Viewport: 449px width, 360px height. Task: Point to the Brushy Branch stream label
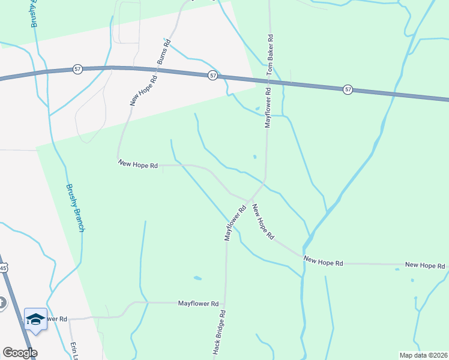click(75, 208)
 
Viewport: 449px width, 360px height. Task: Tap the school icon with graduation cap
click(35, 318)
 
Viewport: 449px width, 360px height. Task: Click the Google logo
click(20, 353)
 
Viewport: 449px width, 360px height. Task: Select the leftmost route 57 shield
click(77, 70)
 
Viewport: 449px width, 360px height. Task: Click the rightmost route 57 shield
click(348, 89)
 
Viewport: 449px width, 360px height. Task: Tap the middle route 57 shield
click(213, 76)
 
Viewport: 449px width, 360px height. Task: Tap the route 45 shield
click(3, 268)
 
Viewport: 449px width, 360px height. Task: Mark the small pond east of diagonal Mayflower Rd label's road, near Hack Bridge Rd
click(197, 278)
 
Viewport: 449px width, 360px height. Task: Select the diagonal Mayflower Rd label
click(235, 224)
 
